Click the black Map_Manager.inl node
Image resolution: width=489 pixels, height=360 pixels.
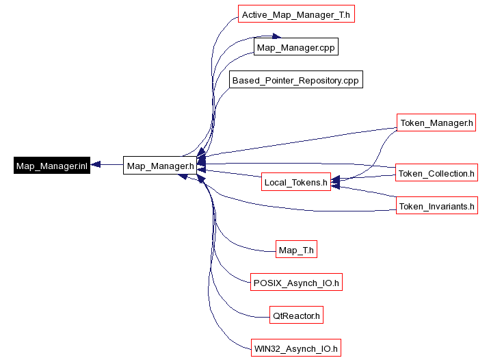pos(52,165)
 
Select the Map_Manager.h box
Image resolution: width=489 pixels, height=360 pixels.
pos(161,165)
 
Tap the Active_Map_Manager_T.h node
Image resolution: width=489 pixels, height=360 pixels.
pos(296,14)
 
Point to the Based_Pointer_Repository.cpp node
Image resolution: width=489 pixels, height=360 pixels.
pos(295,80)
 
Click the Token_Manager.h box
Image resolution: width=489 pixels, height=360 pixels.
pos(436,123)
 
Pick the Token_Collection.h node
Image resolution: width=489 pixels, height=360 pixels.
pos(436,173)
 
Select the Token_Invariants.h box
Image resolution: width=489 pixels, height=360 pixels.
pos(436,206)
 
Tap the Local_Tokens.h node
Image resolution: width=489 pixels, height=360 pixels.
pos(296,183)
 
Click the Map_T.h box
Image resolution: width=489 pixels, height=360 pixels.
pos(296,250)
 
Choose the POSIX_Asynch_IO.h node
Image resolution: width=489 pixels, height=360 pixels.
pos(296,282)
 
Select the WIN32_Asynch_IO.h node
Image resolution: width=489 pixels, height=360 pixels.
pos(295,348)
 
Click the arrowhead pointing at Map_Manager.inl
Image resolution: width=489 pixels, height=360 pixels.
pos(96,165)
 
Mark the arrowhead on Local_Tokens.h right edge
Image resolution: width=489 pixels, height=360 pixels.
pos(336,183)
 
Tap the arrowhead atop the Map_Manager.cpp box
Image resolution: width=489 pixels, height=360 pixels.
pos(275,37)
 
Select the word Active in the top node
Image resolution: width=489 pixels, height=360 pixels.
pos(254,14)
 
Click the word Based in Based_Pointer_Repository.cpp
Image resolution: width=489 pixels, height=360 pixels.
pos(245,80)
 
